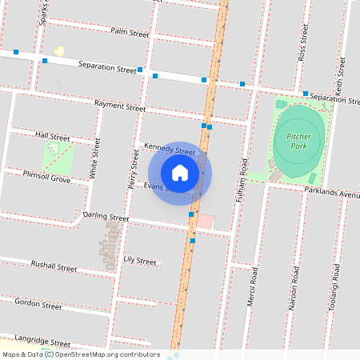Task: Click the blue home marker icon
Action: pyautogui.click(x=180, y=172)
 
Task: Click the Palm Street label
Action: pyautogui.click(x=130, y=34)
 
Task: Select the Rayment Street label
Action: pyautogui.click(x=119, y=106)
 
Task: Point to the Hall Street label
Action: pyautogui.click(x=53, y=138)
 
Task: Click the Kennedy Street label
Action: pyautogui.click(x=170, y=150)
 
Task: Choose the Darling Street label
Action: pyautogui.click(x=106, y=217)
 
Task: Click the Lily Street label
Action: pyautogui.click(x=140, y=261)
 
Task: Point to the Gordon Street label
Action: pyautogui.click(x=38, y=305)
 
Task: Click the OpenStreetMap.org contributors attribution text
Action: pyautogui.click(x=106, y=354)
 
